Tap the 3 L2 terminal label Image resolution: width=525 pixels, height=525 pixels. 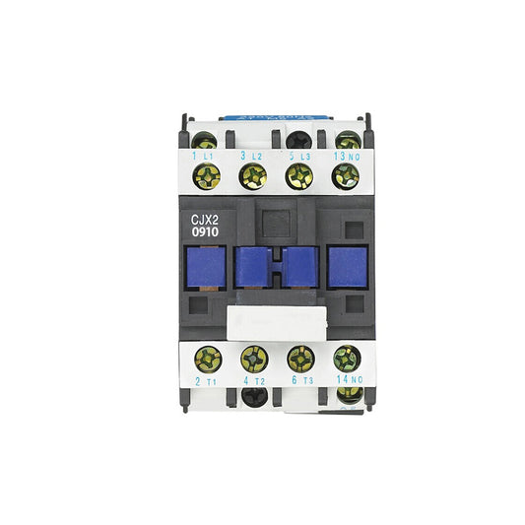point(251,157)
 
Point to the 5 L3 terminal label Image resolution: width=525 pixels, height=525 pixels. point(298,157)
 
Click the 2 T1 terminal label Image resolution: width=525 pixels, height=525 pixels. point(205,380)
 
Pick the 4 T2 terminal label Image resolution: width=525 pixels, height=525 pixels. point(251,380)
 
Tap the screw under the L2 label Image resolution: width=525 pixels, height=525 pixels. point(253,177)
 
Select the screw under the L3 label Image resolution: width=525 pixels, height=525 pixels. point(299,177)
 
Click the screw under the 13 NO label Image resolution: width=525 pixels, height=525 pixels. point(345,177)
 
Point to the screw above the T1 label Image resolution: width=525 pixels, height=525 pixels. point(207,358)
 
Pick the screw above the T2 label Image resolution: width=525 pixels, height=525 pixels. point(253,358)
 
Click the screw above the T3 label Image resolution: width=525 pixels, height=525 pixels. point(299,358)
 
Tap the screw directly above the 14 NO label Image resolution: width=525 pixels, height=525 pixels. point(346,358)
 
